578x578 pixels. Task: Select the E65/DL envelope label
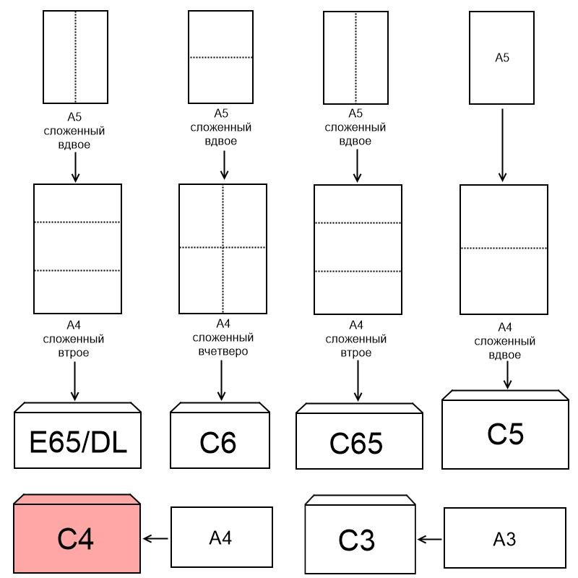point(77,441)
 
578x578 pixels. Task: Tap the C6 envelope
point(220,441)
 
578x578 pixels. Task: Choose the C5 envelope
point(505,433)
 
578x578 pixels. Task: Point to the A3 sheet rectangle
point(504,538)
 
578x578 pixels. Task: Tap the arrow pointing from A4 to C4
point(155,538)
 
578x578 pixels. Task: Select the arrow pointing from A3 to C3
point(431,538)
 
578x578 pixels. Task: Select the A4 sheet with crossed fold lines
point(223,247)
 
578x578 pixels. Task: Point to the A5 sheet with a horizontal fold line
point(220,57)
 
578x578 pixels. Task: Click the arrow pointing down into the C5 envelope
point(508,374)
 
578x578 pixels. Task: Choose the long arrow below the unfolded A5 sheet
point(503,144)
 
